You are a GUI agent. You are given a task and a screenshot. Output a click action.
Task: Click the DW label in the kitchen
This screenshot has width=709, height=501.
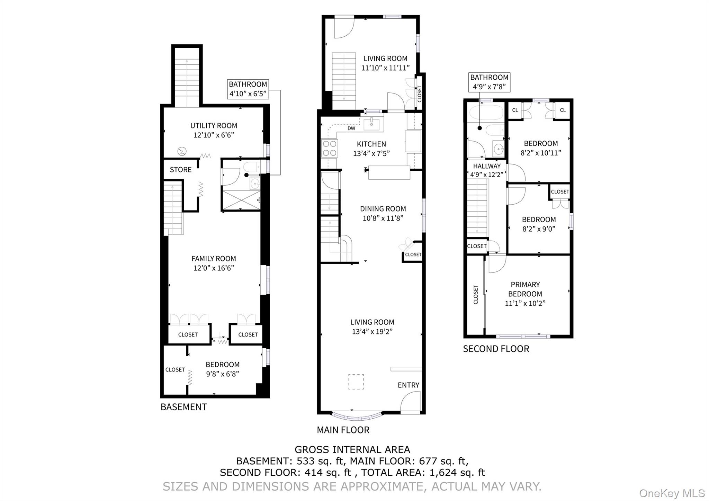click(x=351, y=128)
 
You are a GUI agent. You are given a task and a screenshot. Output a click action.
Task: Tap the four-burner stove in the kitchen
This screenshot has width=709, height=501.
click(x=329, y=148)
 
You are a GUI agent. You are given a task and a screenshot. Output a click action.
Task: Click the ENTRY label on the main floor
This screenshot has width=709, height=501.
click(x=408, y=385)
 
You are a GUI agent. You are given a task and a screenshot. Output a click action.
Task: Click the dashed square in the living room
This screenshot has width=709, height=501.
click(x=356, y=382)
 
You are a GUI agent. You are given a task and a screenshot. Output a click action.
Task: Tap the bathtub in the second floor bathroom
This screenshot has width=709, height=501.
click(x=485, y=113)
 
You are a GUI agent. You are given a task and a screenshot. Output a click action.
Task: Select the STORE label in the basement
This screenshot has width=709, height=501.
click(x=180, y=170)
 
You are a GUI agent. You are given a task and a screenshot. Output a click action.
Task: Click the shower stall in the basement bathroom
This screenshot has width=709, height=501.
click(x=241, y=200)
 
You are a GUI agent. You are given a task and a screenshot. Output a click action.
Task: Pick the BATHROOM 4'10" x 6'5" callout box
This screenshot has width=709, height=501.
click(x=248, y=89)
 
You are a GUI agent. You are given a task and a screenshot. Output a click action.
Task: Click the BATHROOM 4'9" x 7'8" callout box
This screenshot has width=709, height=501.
click(x=489, y=82)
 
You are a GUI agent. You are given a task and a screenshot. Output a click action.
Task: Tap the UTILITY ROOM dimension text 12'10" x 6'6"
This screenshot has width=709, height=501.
click(x=214, y=135)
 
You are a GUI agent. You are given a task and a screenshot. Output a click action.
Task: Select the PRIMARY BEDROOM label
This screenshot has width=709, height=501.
click(x=525, y=289)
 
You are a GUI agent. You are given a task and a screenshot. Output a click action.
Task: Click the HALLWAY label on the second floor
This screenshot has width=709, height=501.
click(x=487, y=166)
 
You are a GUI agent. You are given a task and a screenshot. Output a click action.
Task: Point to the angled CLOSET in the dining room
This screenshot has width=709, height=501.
click(x=413, y=254)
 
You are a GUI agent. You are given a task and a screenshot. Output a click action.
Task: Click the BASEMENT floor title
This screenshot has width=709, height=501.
click(x=183, y=407)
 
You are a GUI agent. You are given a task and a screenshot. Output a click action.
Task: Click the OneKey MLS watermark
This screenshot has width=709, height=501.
click(x=672, y=493)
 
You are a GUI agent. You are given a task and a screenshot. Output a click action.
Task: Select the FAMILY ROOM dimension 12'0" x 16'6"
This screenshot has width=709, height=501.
click(x=214, y=268)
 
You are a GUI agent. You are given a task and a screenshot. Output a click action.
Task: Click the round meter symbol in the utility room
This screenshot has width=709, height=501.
click(x=182, y=151)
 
